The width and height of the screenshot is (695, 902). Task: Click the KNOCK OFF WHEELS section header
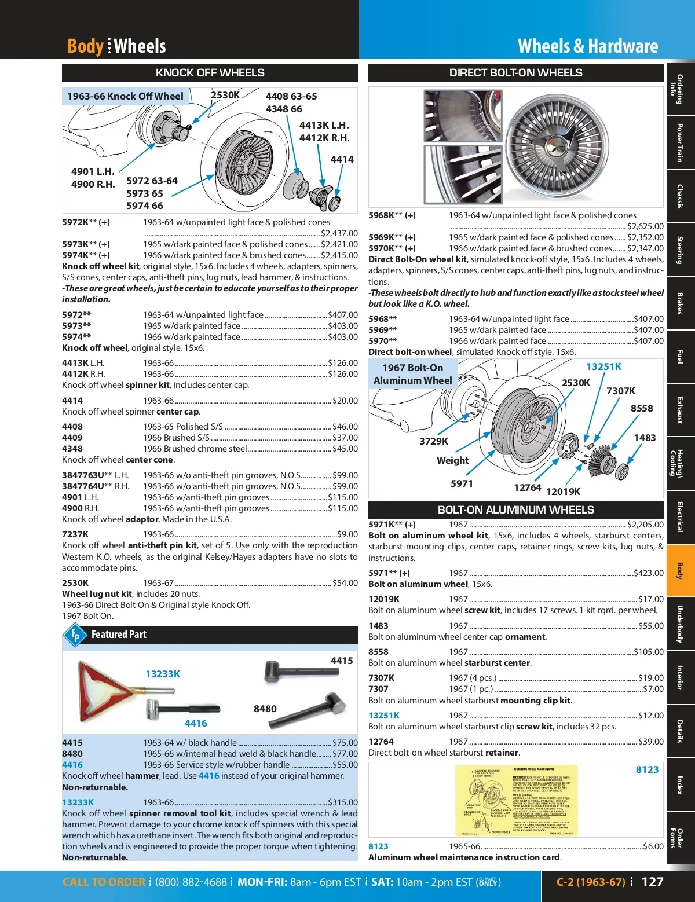tap(210, 73)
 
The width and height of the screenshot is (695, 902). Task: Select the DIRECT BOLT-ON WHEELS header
tap(515, 73)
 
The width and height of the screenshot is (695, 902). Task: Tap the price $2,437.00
tap(339, 233)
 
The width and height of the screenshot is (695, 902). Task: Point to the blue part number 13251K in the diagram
tap(603, 366)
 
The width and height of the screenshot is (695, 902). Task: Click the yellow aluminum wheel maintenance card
tap(510, 801)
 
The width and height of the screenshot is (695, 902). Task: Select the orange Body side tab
tap(680, 571)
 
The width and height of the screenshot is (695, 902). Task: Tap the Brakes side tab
tap(680, 303)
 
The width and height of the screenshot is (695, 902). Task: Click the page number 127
tap(652, 882)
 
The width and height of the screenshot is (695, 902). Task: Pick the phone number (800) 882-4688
tap(191, 882)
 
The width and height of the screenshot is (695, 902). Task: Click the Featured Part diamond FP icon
tap(75, 635)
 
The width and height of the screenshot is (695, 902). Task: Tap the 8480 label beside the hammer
tap(265, 709)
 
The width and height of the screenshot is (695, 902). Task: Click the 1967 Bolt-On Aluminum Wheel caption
tap(412, 374)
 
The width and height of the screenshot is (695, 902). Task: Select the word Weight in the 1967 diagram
tap(452, 460)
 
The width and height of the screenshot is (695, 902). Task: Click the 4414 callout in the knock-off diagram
tap(342, 159)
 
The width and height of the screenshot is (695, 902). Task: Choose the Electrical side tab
tap(680, 517)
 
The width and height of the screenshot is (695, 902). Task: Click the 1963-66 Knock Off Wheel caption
tap(125, 96)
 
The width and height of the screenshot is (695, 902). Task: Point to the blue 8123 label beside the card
tap(647, 769)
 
